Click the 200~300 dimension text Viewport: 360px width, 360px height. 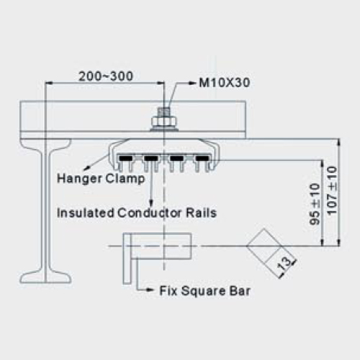(106, 76)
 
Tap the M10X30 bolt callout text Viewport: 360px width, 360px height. (225, 83)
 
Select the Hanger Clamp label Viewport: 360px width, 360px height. (101, 179)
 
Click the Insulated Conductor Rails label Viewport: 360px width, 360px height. (137, 213)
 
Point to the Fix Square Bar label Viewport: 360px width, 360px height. (205, 291)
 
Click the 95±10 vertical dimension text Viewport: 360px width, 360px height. (315, 204)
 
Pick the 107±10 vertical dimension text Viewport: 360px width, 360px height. (332, 190)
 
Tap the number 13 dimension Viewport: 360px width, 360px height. (284, 264)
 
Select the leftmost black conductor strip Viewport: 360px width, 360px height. (125, 158)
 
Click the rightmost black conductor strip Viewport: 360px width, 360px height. (202, 158)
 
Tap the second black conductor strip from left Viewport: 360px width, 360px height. (151, 158)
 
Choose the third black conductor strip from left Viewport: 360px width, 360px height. (176, 158)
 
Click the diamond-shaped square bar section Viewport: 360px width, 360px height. (264, 246)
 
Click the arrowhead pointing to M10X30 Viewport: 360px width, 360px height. (193, 83)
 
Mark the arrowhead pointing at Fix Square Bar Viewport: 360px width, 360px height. (150, 290)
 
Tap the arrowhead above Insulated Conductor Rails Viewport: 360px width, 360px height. (150, 201)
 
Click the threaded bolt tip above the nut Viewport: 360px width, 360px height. (164, 112)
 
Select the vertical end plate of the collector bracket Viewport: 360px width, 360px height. (127, 258)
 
